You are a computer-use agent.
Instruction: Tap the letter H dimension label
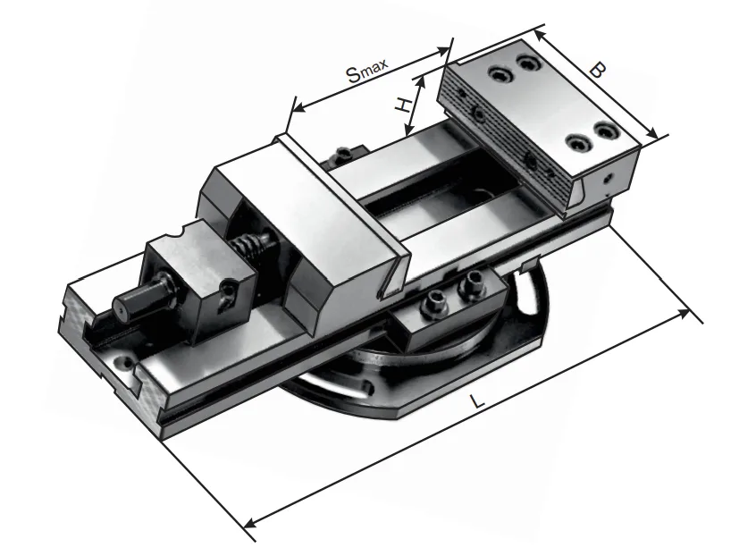(x=403, y=105)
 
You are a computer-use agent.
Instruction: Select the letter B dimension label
(x=598, y=71)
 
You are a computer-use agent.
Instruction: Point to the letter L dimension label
(x=476, y=400)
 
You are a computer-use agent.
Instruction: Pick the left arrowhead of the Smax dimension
(x=299, y=107)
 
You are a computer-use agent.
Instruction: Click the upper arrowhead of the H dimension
(x=422, y=82)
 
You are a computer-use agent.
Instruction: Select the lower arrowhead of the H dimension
(x=409, y=129)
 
